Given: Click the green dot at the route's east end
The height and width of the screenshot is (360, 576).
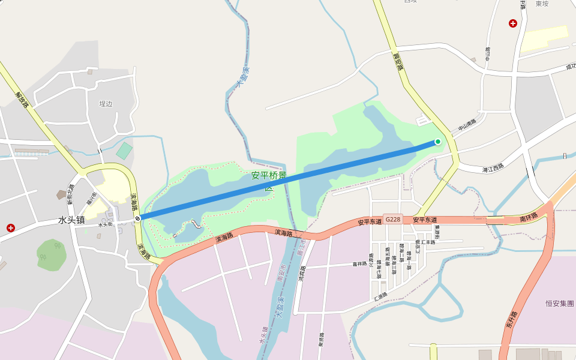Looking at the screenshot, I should tap(438, 142).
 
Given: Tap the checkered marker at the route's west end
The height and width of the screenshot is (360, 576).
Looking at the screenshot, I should tap(138, 218).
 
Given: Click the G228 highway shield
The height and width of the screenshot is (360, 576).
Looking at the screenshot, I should tap(393, 220).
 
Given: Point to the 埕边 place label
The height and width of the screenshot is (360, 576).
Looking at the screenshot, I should tap(106, 104).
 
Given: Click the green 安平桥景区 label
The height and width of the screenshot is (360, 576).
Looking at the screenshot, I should tap(269, 177).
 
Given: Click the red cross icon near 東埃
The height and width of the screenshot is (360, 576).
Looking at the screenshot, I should tap(513, 23).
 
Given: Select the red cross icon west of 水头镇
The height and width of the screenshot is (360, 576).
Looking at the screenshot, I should tap(11, 228).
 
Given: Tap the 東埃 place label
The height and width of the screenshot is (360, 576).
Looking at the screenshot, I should tap(542, 3).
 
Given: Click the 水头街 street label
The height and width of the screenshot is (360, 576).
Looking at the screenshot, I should tap(106, 225).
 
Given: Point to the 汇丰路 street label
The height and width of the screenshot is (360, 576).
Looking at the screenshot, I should tap(428, 242).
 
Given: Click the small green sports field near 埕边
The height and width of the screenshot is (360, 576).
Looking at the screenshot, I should tap(124, 151).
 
